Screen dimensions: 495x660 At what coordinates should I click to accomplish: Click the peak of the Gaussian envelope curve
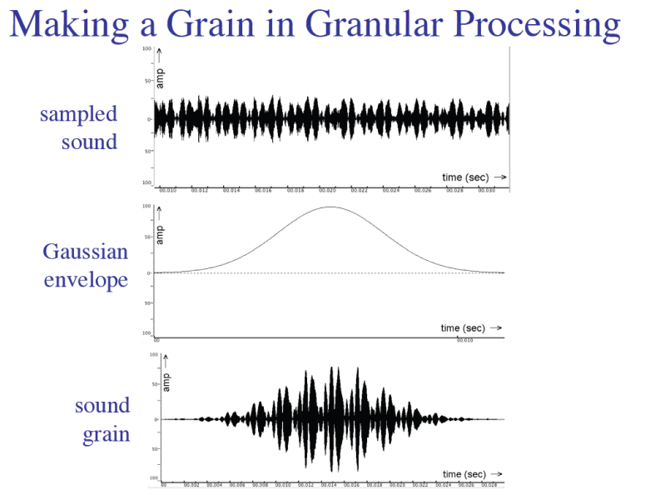[331, 207]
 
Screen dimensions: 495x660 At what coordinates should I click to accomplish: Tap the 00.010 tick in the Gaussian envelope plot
[464, 340]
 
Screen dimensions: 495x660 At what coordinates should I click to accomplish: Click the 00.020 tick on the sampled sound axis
[327, 191]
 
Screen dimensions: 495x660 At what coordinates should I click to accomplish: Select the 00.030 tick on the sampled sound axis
[485, 191]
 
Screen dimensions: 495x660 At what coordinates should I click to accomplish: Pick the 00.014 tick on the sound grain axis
[330, 484]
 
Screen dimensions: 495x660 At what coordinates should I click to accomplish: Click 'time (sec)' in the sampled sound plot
[464, 177]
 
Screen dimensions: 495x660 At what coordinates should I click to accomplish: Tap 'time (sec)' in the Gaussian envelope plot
[464, 328]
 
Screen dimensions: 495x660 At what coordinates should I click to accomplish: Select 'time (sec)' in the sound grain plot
[464, 474]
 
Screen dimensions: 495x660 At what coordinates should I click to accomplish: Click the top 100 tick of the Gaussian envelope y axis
[146, 206]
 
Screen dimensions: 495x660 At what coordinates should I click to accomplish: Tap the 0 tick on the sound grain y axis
[155, 419]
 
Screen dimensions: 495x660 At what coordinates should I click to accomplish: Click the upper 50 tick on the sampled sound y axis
[146, 82]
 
